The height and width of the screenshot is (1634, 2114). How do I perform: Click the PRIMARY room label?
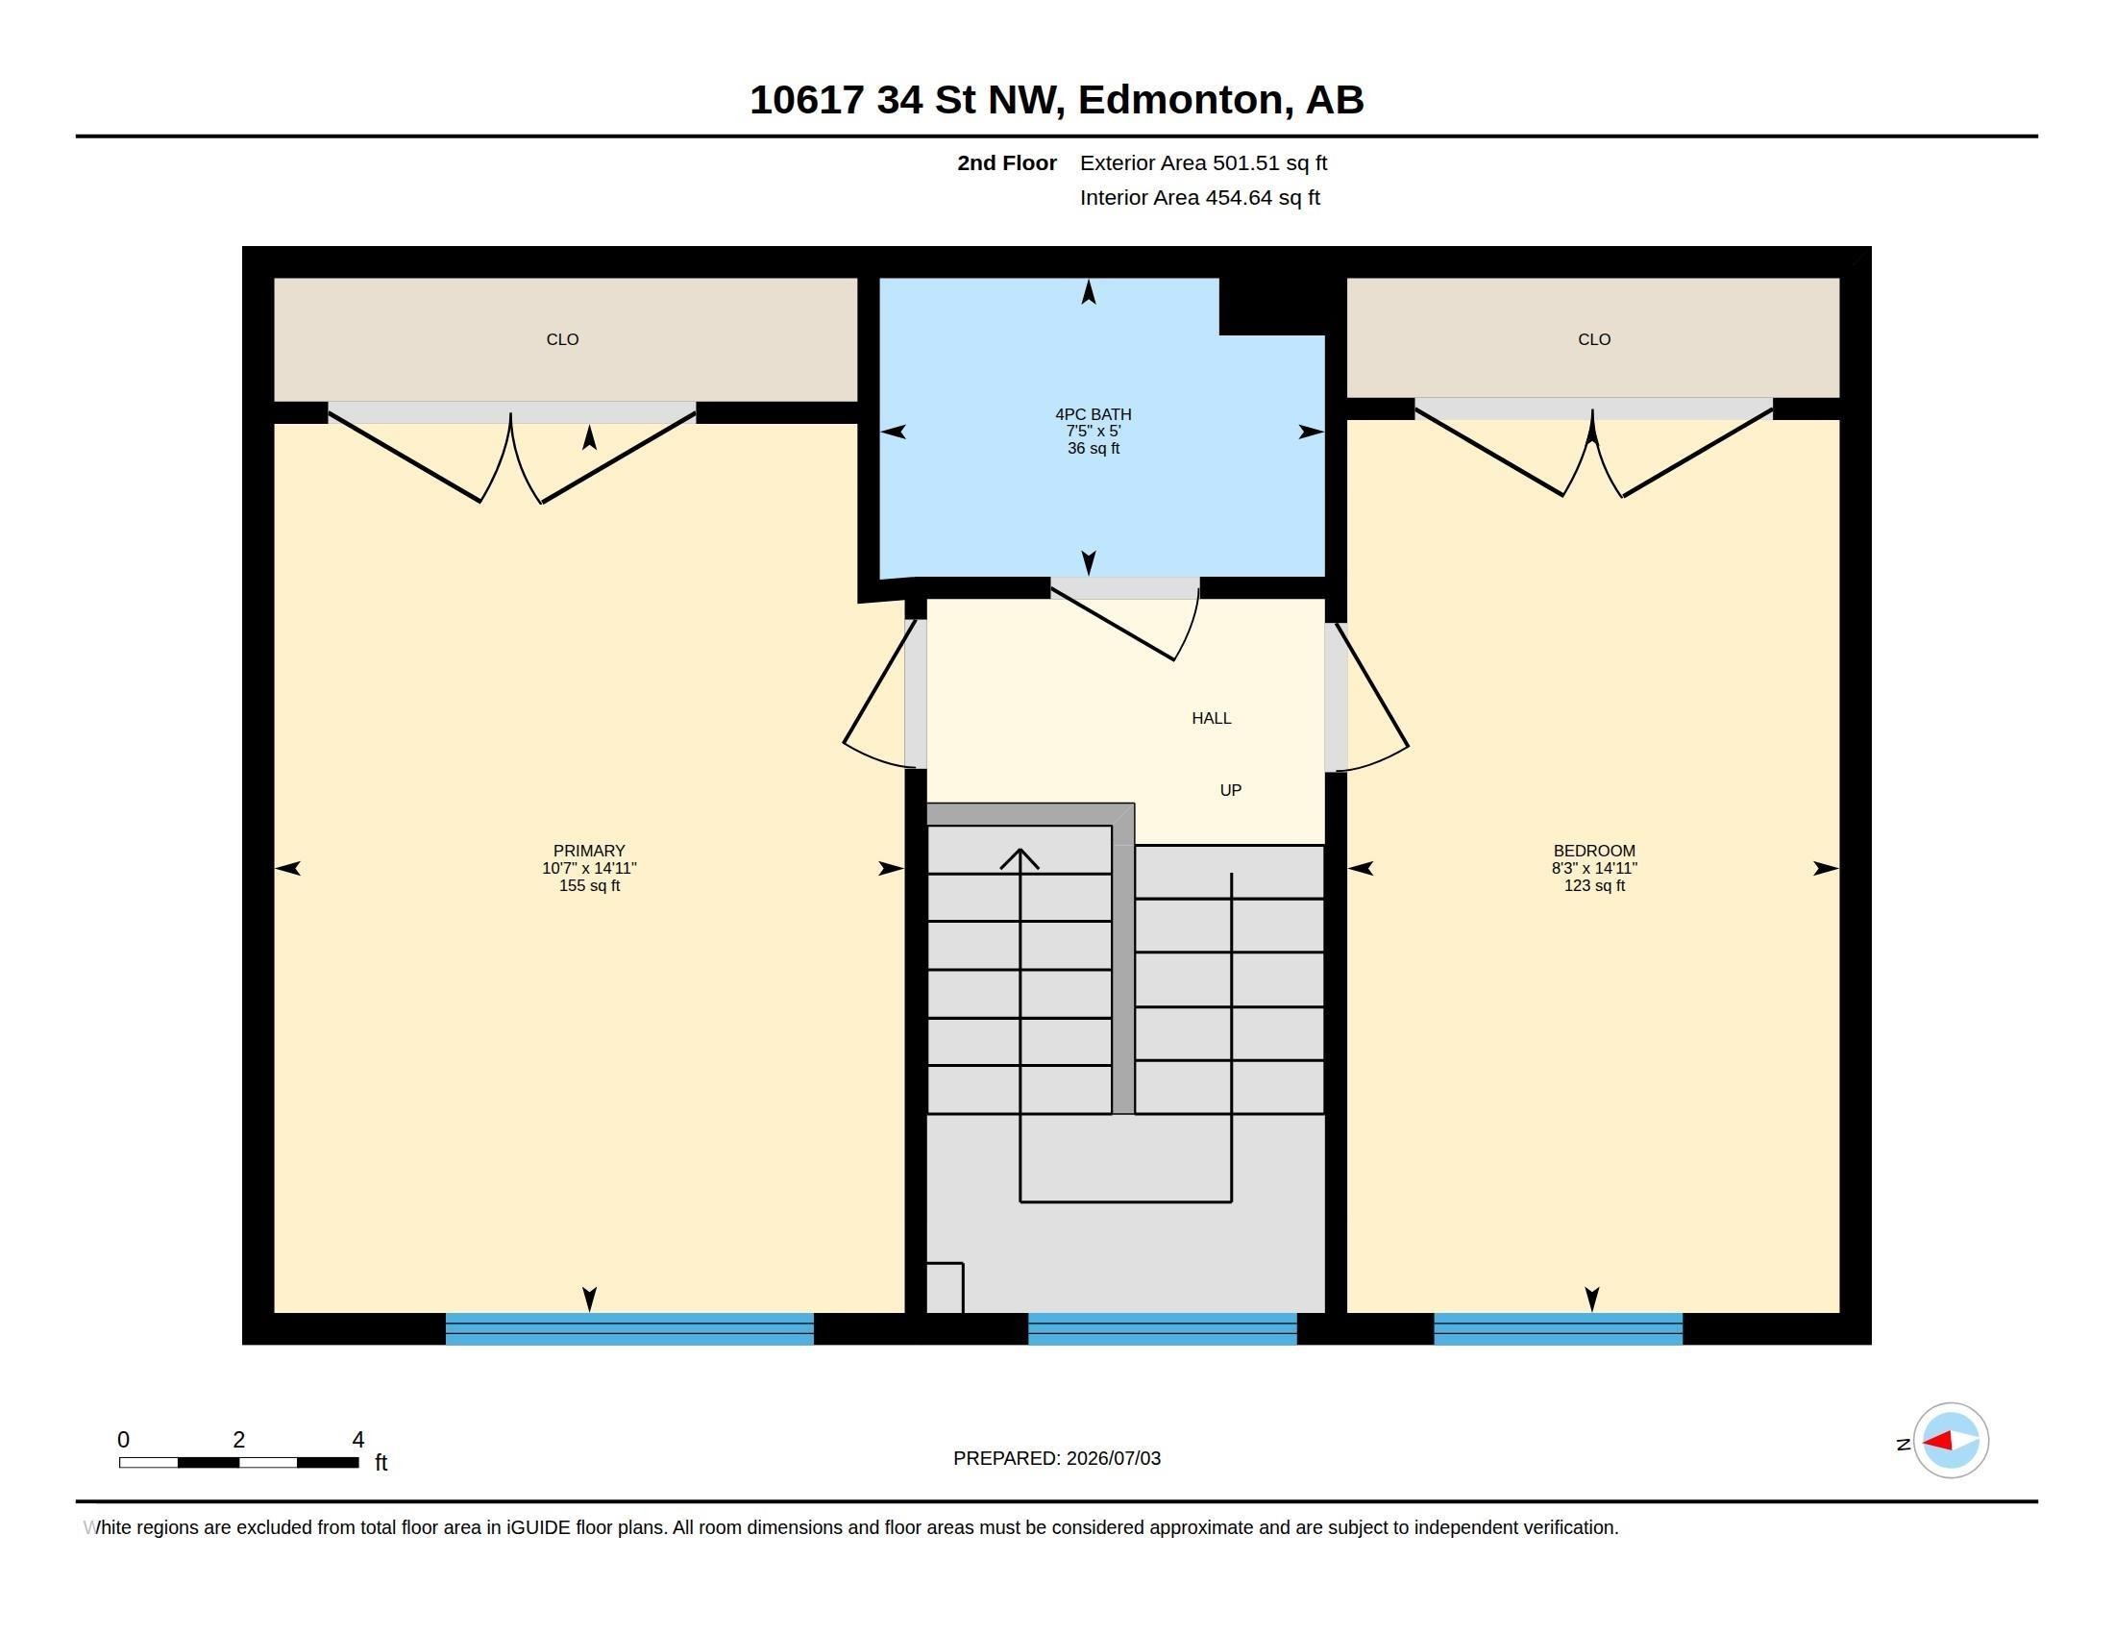pyautogui.click(x=588, y=851)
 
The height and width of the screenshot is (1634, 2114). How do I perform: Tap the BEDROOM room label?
pyautogui.click(x=1594, y=851)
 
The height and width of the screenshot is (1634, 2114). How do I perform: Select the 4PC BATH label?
pyautogui.click(x=1093, y=414)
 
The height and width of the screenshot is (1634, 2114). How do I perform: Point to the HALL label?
pyautogui.click(x=1211, y=718)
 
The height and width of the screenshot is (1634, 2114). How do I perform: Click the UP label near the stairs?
pyautogui.click(x=1230, y=790)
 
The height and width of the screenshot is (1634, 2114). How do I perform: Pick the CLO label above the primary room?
pyautogui.click(x=562, y=339)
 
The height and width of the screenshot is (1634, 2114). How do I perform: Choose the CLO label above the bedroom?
pyautogui.click(x=1594, y=339)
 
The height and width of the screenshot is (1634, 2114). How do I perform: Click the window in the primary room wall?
pyautogui.click(x=629, y=1328)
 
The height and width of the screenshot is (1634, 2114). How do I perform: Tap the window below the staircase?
pyautogui.click(x=1162, y=1328)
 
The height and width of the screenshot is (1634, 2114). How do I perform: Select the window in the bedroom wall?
pyautogui.click(x=1558, y=1328)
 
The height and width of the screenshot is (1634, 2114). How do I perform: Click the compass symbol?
pyautogui.click(x=1951, y=1441)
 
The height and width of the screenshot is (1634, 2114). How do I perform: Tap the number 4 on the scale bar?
pyautogui.click(x=357, y=1440)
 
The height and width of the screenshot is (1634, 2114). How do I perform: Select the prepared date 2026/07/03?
pyautogui.click(x=1113, y=1458)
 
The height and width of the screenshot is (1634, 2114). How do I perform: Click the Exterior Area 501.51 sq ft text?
pyautogui.click(x=1203, y=162)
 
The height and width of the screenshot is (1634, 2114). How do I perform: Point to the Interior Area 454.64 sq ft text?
pyautogui.click(x=1199, y=197)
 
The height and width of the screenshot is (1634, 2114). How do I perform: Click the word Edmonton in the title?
pyautogui.click(x=1186, y=100)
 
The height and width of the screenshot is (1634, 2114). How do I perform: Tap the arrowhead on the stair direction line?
pyautogui.click(x=1020, y=858)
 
